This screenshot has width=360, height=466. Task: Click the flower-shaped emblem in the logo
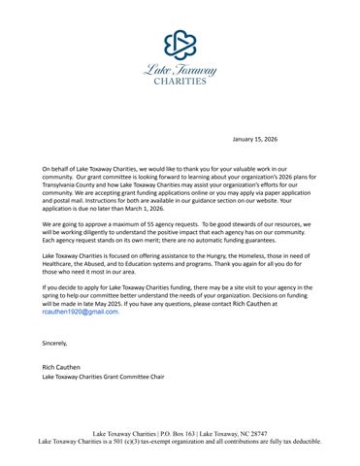point(180,44)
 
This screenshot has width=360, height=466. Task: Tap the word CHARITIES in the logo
point(180,82)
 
